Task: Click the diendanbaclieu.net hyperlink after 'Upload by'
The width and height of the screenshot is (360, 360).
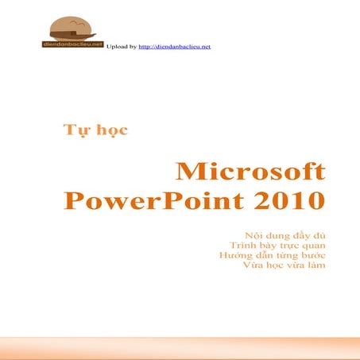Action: coord(174,48)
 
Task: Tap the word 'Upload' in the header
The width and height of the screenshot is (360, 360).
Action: coord(115,48)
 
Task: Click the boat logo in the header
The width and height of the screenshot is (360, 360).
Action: coord(73,30)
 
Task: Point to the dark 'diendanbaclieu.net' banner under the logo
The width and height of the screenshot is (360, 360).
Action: coord(72,45)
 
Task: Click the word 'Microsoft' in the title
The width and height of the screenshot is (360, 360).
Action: coord(250,171)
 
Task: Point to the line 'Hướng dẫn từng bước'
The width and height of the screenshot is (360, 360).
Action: coord(271,256)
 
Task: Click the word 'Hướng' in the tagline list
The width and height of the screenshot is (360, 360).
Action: coord(233,256)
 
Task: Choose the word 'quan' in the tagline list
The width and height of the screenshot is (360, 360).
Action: coord(312,246)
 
